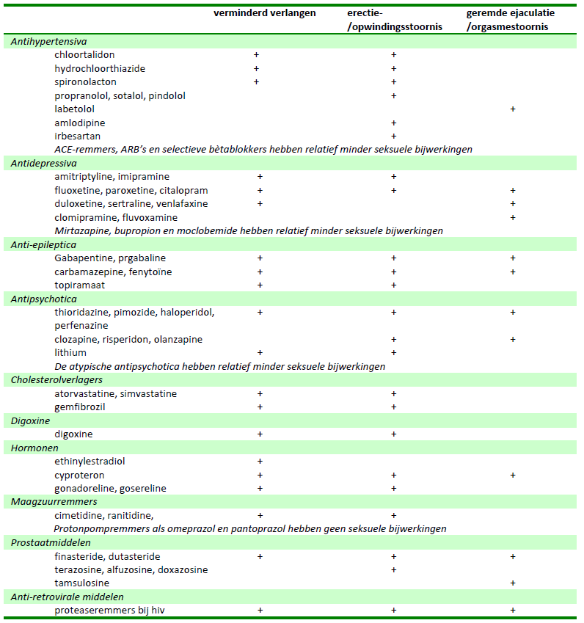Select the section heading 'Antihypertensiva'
pyautogui.click(x=48, y=42)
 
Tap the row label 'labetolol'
pyautogui.click(x=74, y=109)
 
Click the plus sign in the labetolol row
pyautogui.click(x=513, y=109)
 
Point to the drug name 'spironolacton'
pyautogui.click(x=84, y=82)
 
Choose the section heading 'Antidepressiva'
pyautogui.click(x=43, y=164)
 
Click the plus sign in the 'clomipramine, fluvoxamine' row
pyautogui.click(x=513, y=218)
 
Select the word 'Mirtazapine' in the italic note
pyautogui.click(x=81, y=231)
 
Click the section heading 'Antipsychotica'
pyautogui.click(x=43, y=299)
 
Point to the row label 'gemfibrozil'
pyautogui.click(x=79, y=407)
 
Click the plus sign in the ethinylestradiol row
pyautogui.click(x=260, y=462)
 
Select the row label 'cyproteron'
pyautogui.click(x=79, y=476)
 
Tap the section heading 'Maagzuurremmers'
pyautogui.click(x=54, y=502)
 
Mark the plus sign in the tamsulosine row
pyautogui.click(x=513, y=583)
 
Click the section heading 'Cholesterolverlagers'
pyautogui.click(x=56, y=380)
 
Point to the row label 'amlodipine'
pyautogui.click(x=79, y=123)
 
